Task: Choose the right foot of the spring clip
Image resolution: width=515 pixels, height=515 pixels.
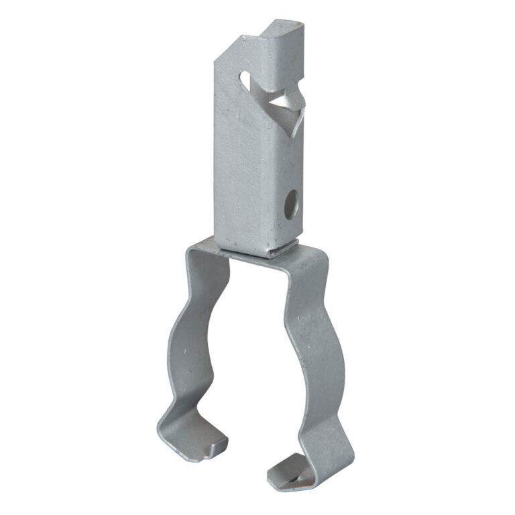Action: pyautogui.click(x=295, y=469)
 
